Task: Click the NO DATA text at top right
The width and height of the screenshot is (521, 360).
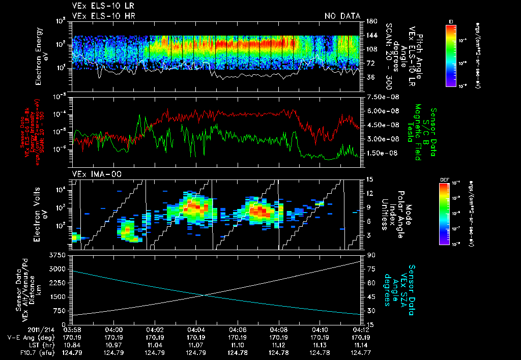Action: tap(342, 16)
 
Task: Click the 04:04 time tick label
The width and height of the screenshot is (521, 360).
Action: tap(196, 329)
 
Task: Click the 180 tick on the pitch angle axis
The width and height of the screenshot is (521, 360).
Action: tap(370, 21)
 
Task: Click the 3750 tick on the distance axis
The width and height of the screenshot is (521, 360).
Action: tap(61, 255)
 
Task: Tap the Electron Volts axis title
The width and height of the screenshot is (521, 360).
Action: tap(41, 213)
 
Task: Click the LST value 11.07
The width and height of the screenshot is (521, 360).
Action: tap(196, 344)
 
